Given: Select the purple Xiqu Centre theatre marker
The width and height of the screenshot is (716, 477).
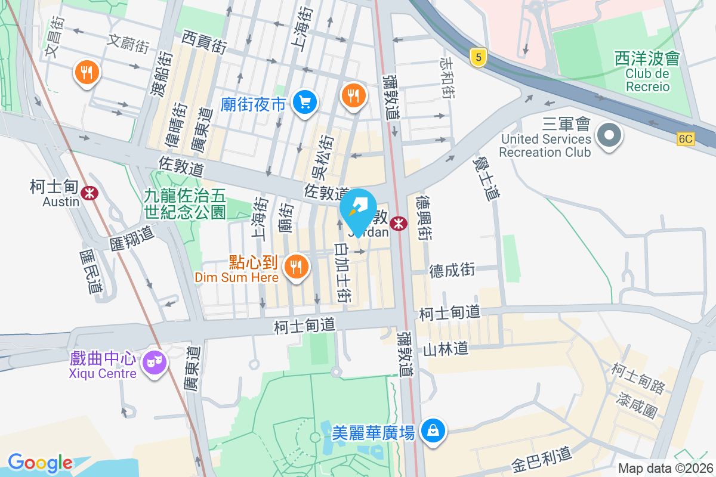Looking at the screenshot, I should point(155,361).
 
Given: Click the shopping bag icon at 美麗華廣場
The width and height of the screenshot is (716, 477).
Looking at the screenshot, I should point(433,430).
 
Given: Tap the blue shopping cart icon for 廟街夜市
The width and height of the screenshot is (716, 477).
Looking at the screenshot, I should point(305,103).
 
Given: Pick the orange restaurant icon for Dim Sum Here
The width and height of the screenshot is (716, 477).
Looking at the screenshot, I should point(297,266).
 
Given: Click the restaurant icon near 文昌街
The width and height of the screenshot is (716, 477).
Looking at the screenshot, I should point(87,73).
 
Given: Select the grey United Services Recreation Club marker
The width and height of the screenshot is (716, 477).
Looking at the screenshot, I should point(609,135).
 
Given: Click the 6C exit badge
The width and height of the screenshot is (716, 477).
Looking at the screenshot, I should point(686,139).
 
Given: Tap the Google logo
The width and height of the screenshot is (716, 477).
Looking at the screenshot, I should point(40,463).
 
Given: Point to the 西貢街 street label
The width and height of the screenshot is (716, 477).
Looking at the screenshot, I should point(204,43).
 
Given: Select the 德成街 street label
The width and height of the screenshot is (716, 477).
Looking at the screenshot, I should point(452,270).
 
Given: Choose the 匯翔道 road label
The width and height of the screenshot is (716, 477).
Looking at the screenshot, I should point(132,237).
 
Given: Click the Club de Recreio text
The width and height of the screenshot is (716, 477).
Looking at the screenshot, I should point(647,80).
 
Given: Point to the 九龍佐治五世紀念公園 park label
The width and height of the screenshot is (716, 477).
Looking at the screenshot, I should point(185,203).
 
